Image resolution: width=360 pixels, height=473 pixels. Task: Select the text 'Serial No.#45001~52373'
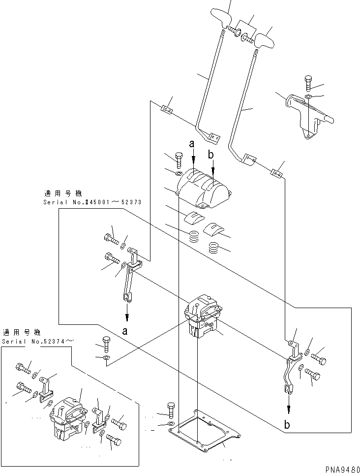tap(86, 202)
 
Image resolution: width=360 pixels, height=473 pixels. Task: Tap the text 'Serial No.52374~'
tap(39, 341)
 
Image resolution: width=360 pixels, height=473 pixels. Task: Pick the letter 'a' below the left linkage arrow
tap(126, 331)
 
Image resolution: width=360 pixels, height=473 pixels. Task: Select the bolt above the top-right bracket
tap(308, 83)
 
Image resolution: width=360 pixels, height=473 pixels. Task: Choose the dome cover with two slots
tap(203, 188)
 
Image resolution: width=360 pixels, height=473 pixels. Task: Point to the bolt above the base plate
tap(171, 409)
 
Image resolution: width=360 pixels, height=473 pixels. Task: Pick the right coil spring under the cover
tap(215, 248)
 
